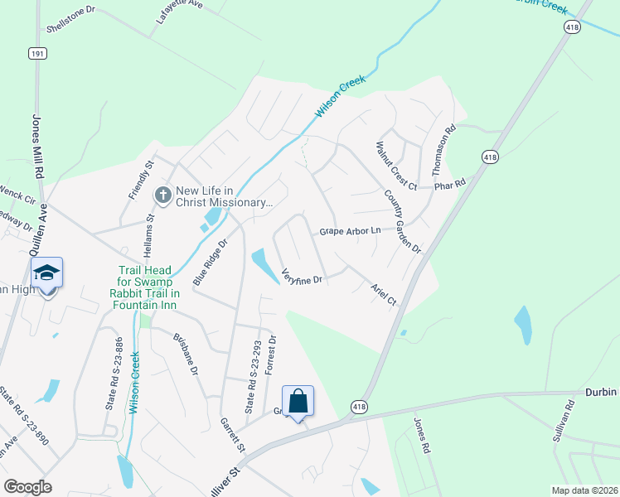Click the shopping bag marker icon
[x=298, y=402]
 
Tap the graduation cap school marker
[x=46, y=273]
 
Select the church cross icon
[x=162, y=195]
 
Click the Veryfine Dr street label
[x=301, y=277]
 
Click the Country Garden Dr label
[x=402, y=221]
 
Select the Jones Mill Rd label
[x=36, y=147]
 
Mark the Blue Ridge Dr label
[x=209, y=263]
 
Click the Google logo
[x=27, y=487]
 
